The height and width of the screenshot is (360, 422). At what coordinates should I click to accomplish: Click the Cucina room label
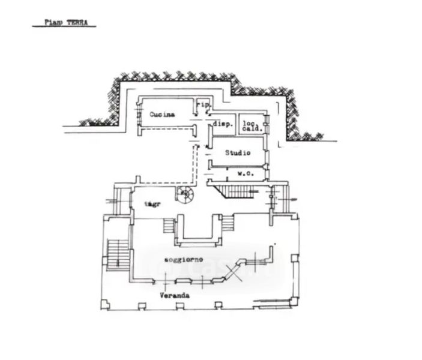[x=162, y=115]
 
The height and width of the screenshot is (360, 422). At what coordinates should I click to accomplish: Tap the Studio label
[x=237, y=153]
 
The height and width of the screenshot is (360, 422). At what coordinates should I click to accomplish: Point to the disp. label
[x=223, y=124]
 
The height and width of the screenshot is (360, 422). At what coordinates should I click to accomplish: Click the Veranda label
[x=175, y=296]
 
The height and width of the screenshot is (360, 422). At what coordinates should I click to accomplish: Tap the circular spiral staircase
[x=185, y=194]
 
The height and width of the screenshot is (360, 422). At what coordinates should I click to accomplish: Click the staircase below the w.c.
[x=237, y=191]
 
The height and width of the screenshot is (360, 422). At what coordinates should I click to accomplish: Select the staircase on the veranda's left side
[x=118, y=254]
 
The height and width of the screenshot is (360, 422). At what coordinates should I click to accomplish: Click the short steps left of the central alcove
[x=168, y=227]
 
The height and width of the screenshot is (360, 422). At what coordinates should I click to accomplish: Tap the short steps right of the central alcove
[x=228, y=224]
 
